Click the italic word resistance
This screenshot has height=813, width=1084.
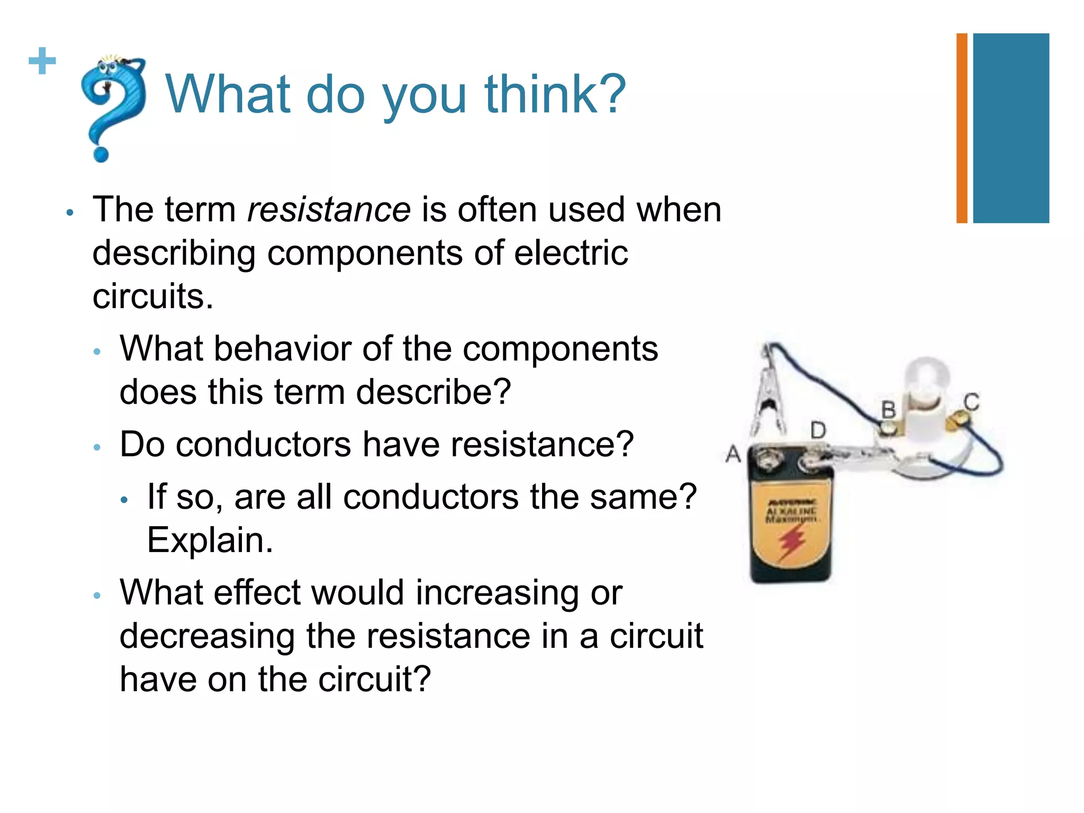coord(329,210)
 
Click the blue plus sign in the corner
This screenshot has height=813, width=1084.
coord(42,61)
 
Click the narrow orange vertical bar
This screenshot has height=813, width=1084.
coord(962,128)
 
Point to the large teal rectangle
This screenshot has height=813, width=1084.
coord(1011,128)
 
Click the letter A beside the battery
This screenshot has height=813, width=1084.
coord(733,454)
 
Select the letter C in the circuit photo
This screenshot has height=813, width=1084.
coord(971,402)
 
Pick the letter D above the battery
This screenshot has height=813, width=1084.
coord(818,430)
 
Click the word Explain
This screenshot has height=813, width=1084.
coord(210,541)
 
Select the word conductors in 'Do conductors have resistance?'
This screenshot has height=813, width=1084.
coord(263,445)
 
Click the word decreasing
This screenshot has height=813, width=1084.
coord(207,636)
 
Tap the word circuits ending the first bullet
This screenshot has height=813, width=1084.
coord(152,296)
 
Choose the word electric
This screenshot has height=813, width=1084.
coord(571,253)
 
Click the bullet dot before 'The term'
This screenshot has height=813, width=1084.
coord(70,213)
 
